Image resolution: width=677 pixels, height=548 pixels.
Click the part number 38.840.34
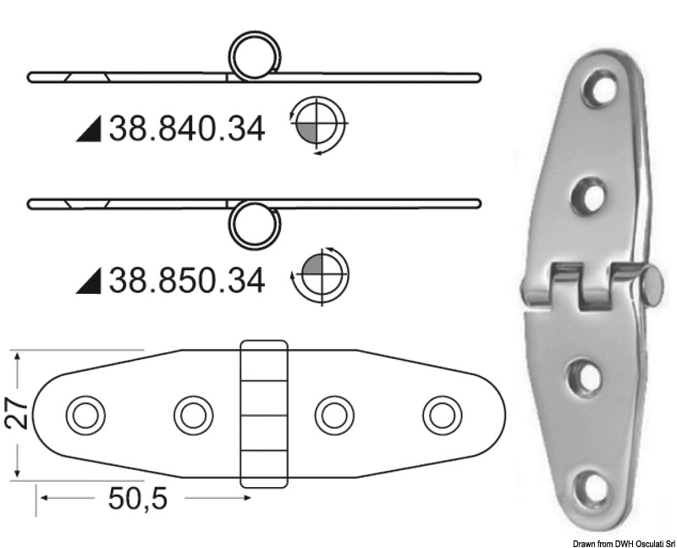[x=186, y=129]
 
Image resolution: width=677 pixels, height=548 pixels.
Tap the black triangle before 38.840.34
[x=89, y=130]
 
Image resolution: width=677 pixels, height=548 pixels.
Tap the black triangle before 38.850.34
[x=89, y=280]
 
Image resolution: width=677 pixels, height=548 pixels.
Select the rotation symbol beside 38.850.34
[x=319, y=275]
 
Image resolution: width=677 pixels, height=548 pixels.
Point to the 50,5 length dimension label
[x=138, y=500]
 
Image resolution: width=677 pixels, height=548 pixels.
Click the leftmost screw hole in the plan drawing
[x=85, y=415]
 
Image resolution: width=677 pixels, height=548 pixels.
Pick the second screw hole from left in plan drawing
[x=193, y=415]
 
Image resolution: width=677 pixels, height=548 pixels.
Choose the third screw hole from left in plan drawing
[x=333, y=415]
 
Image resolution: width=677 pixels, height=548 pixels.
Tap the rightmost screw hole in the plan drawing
[x=442, y=415]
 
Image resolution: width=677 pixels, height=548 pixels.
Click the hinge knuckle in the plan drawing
[x=264, y=414]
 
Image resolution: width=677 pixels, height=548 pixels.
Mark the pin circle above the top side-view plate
[x=255, y=57]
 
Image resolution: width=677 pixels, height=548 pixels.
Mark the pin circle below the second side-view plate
[x=255, y=223]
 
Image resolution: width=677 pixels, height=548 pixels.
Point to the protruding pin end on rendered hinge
[x=652, y=285]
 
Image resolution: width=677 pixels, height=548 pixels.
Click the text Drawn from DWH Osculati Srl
[x=622, y=542]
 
